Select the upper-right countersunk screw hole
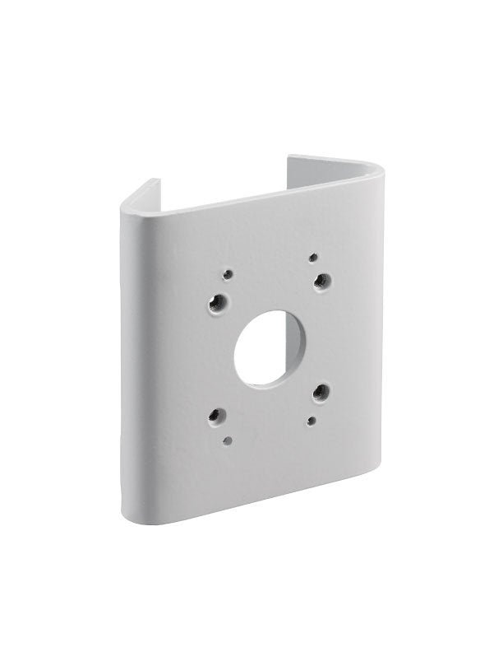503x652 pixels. tap(323, 282)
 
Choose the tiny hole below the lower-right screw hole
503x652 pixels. tap(311, 421)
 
